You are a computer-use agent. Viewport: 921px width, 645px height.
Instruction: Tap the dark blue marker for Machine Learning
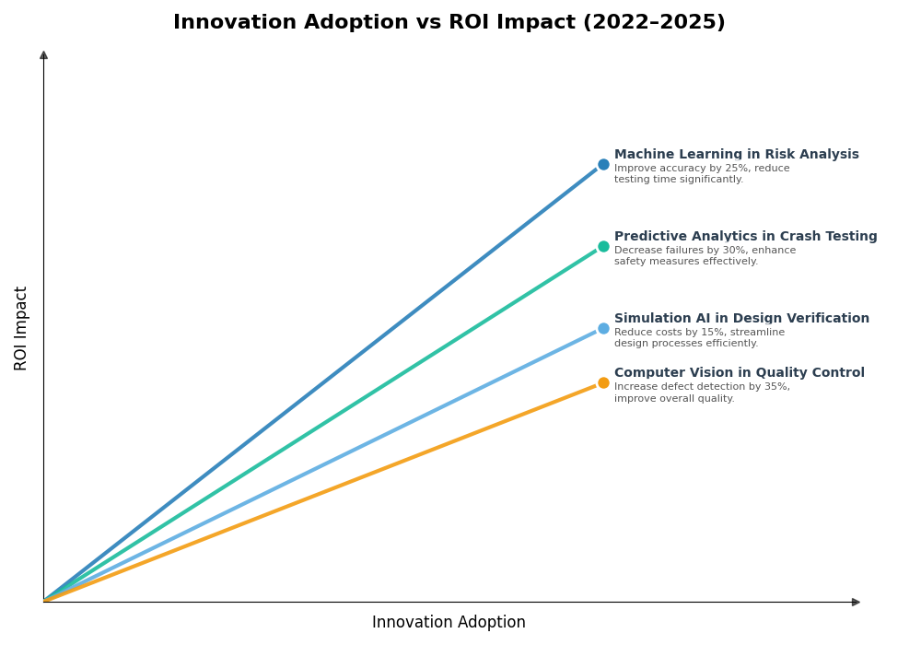click(603, 165)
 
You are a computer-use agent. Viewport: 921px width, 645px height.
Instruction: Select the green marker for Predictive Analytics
click(603, 247)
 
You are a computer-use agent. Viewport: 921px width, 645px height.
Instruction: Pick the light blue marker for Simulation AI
click(603, 329)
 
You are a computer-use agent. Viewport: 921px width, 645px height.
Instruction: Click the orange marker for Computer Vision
click(603, 383)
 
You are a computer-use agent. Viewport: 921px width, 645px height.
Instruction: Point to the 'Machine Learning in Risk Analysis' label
click(736, 155)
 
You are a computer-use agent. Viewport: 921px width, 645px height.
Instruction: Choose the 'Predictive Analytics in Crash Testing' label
click(745, 237)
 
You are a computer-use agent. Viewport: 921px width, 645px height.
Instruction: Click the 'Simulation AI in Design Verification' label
click(741, 319)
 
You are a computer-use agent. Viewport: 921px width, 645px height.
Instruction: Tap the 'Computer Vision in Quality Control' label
click(739, 373)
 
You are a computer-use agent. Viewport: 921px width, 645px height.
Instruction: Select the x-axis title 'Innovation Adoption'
click(449, 623)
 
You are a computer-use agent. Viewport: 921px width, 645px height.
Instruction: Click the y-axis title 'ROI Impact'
click(21, 328)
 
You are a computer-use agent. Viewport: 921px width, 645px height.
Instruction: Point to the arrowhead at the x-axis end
click(856, 603)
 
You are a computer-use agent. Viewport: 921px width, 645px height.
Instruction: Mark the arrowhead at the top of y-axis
click(43, 55)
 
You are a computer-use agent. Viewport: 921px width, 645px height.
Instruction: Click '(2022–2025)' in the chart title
click(654, 23)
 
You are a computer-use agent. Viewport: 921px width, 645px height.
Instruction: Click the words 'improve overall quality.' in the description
click(674, 399)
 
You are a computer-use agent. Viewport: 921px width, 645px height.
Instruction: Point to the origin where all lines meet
click(44, 602)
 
